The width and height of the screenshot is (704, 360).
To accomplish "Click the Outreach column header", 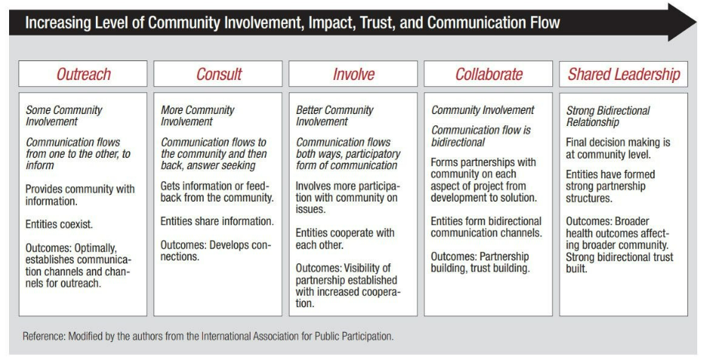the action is click(x=82, y=74).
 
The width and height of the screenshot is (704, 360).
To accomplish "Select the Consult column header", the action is click(x=218, y=74).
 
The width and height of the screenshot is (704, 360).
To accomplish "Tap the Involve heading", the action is click(x=353, y=74).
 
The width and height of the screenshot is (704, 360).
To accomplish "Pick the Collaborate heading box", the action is click(x=488, y=74).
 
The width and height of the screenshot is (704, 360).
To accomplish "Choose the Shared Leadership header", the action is click(x=623, y=74).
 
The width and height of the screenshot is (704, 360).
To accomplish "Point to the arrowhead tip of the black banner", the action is click(x=696, y=22).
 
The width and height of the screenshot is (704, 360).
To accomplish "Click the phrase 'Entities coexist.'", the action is click(x=59, y=224).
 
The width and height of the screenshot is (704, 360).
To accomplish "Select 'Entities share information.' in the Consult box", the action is click(x=217, y=221).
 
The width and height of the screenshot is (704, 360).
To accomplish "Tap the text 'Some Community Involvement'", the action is click(x=63, y=115).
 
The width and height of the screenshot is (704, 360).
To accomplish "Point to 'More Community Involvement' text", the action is click(x=198, y=115).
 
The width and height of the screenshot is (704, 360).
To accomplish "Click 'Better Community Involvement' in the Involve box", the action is click(x=334, y=115).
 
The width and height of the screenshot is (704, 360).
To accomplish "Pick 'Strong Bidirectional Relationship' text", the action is click(x=608, y=116).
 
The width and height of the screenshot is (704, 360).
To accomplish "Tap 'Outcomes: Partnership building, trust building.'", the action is click(x=481, y=263).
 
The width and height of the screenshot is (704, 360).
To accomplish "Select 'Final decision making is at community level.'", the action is click(x=618, y=149).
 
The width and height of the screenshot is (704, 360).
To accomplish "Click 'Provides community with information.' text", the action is click(x=80, y=195).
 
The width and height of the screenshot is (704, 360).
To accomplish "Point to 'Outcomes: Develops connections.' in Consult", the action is click(x=216, y=251).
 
